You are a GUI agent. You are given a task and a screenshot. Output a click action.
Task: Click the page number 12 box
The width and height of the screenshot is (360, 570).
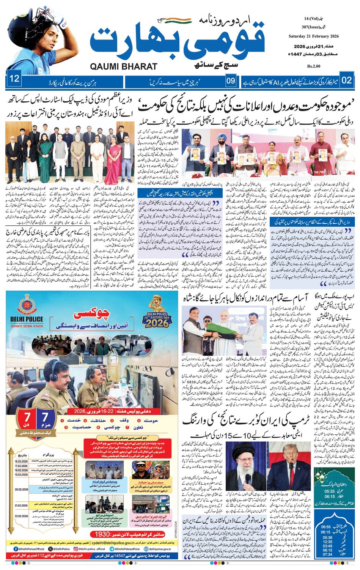tap(15, 79)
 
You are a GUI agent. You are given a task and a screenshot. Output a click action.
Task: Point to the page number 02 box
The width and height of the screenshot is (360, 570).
tap(346, 80)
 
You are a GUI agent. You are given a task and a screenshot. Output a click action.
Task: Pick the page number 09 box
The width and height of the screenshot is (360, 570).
tap(231, 80)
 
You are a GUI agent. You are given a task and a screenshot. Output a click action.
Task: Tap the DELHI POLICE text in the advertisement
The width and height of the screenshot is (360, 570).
tap(27, 320)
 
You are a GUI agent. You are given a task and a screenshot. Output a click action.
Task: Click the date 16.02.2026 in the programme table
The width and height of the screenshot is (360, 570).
tap(24, 461)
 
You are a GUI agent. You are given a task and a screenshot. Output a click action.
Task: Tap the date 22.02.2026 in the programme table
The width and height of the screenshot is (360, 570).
tap(24, 516)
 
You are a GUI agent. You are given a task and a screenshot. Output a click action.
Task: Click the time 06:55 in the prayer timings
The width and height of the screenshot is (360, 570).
tap(326, 527)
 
